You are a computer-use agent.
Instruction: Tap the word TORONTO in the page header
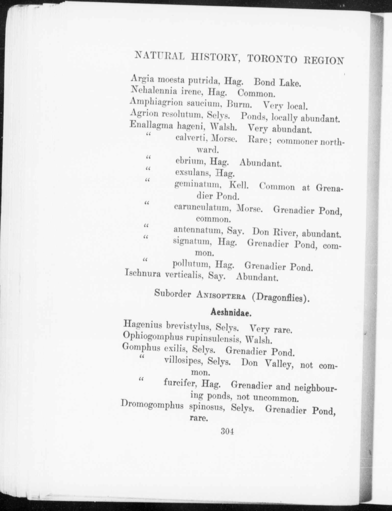[x=272, y=59]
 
